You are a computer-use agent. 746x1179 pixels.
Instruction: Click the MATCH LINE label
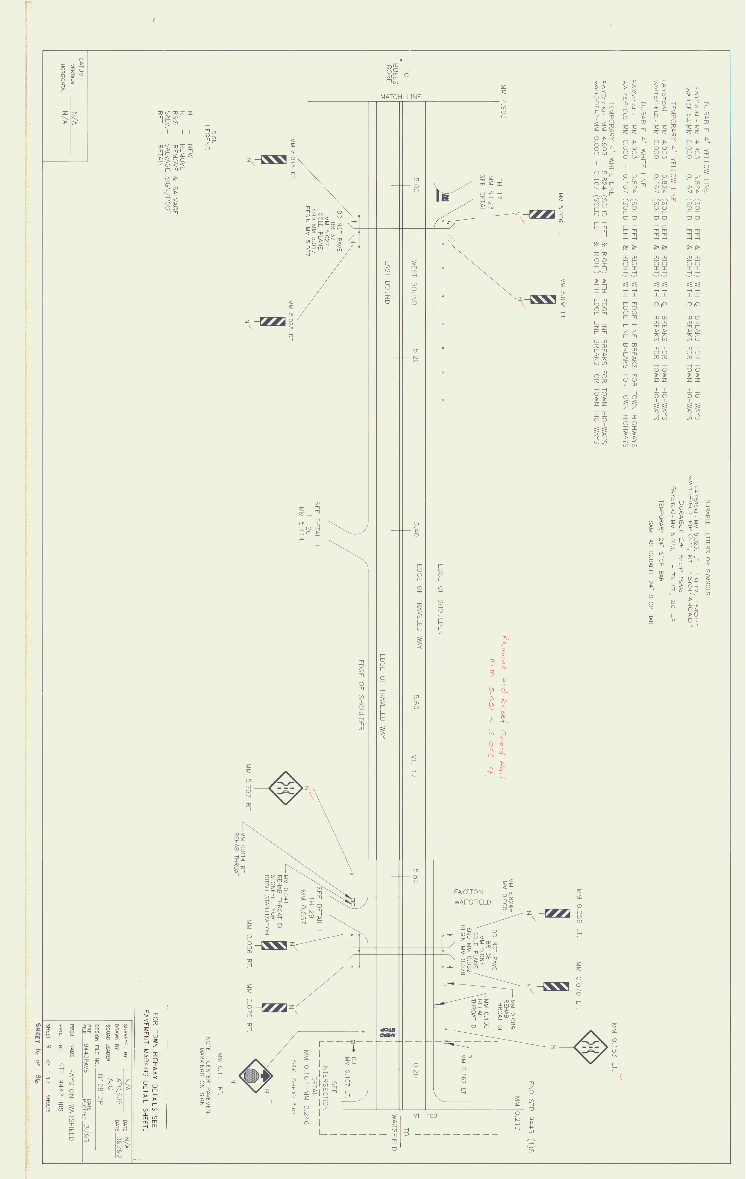pos(400,97)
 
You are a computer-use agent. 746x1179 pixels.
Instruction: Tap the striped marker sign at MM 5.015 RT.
pos(274,160)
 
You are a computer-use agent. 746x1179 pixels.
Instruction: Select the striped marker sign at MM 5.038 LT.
pos(543,299)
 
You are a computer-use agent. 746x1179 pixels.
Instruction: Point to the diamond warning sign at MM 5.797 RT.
pos(286,788)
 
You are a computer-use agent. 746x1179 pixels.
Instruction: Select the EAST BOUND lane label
pos(387,282)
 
